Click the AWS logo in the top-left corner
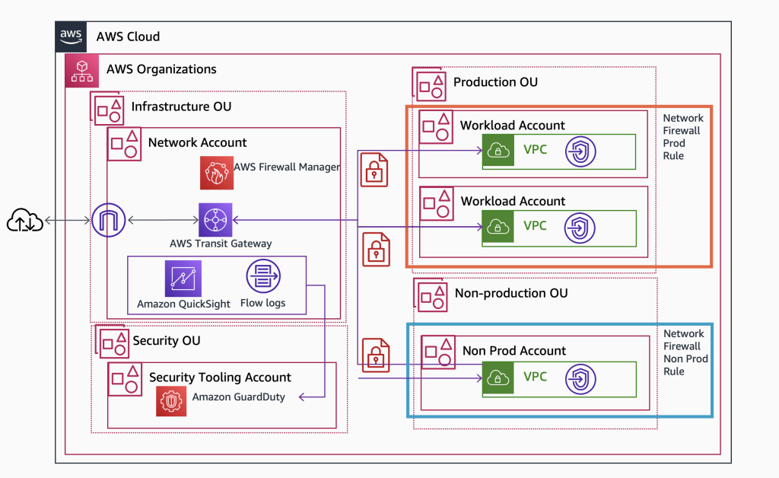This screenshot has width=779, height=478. click(71, 36)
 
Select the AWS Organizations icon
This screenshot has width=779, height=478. click(81, 69)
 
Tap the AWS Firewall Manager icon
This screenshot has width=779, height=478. click(216, 173)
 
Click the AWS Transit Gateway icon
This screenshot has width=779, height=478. click(215, 220)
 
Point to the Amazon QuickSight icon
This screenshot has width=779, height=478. click(183, 279)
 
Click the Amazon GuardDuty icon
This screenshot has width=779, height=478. click(171, 401)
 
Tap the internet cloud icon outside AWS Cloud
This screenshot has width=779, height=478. click(25, 221)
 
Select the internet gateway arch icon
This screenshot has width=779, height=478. click(107, 221)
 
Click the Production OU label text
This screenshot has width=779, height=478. click(495, 82)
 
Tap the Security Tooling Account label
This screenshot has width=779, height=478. click(220, 378)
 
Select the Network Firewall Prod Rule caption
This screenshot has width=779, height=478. click(683, 137)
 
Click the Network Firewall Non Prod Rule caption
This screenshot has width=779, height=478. click(685, 352)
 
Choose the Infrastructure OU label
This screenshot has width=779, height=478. click(181, 107)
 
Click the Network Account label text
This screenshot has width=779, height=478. click(197, 142)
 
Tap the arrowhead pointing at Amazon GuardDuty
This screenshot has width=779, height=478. click(302, 397)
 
